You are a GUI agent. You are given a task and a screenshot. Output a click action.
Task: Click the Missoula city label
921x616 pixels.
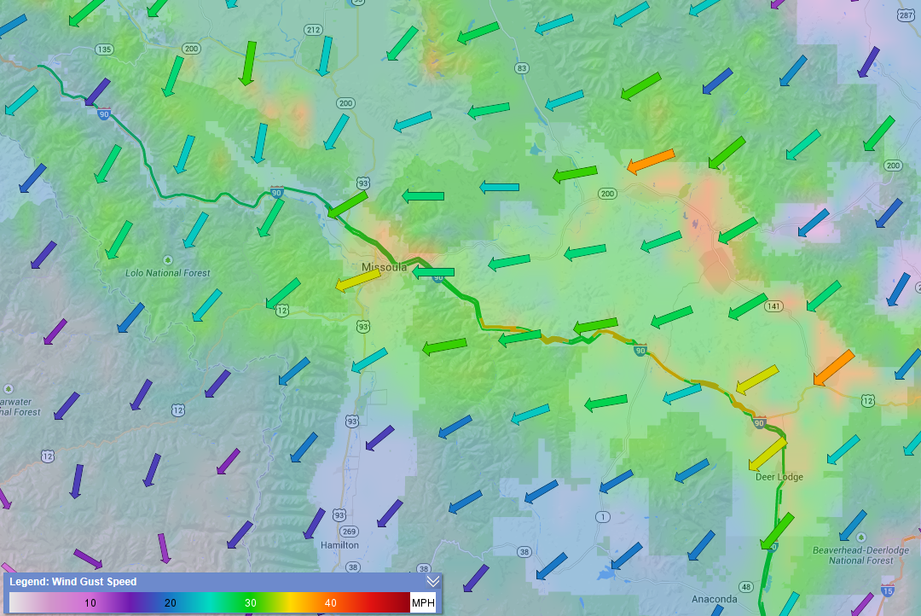(384, 267)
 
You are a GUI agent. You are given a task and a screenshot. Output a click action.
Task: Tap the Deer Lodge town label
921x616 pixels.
(779, 477)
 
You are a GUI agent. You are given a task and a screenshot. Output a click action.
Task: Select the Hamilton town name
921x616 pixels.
(339, 544)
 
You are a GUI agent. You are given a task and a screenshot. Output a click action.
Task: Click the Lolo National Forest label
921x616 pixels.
(167, 273)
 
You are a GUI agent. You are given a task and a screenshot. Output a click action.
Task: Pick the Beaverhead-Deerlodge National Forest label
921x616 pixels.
(853, 555)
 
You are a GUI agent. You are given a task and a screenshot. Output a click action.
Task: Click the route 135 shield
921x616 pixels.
(104, 49)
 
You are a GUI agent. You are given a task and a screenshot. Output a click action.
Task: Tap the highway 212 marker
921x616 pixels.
(313, 30)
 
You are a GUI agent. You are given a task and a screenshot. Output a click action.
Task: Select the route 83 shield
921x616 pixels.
(522, 67)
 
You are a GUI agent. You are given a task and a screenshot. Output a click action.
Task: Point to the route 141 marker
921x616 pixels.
(773, 305)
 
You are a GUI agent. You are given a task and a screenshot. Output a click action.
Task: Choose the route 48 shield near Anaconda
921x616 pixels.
(745, 586)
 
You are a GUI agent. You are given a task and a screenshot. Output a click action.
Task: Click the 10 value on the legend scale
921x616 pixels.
(90, 603)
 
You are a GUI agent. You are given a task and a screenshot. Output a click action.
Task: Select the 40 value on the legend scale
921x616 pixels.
(330, 603)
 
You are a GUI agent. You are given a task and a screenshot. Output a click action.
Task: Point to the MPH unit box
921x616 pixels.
(423, 603)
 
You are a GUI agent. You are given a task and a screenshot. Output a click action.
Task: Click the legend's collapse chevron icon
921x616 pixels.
(433, 581)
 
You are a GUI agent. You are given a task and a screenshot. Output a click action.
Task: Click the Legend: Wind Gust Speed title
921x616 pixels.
(72, 582)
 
